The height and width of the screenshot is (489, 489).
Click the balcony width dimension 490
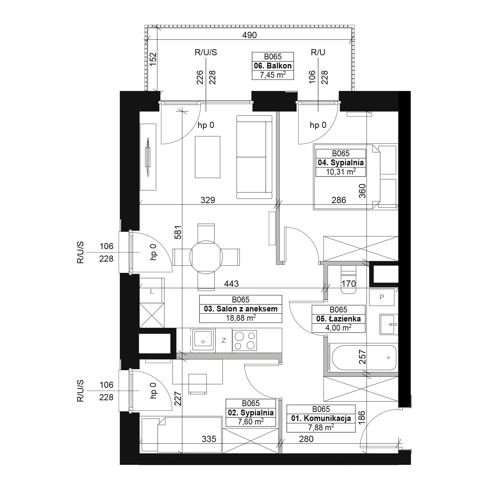tap(249, 35)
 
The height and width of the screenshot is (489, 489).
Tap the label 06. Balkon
tap(273, 66)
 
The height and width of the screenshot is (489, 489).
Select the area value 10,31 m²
tap(341, 172)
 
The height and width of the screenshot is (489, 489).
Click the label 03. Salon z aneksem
tap(240, 309)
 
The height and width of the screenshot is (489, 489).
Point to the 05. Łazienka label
tap(338, 319)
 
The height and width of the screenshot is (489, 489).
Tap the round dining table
tap(206, 257)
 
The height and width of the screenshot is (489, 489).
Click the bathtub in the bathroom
tap(364, 358)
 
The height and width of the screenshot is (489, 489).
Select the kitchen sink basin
tap(202, 339)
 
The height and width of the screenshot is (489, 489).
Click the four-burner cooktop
tap(244, 340)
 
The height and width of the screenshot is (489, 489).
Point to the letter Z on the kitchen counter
tap(224, 341)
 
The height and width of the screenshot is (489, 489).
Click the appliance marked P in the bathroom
tap(382, 297)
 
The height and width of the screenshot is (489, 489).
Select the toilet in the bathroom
tap(348, 279)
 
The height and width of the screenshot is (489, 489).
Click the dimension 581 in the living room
tap(178, 232)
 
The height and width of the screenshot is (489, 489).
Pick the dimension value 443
tap(231, 284)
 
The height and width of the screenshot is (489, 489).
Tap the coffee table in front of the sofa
tap(208, 157)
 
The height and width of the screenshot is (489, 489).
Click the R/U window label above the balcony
tap(318, 52)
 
